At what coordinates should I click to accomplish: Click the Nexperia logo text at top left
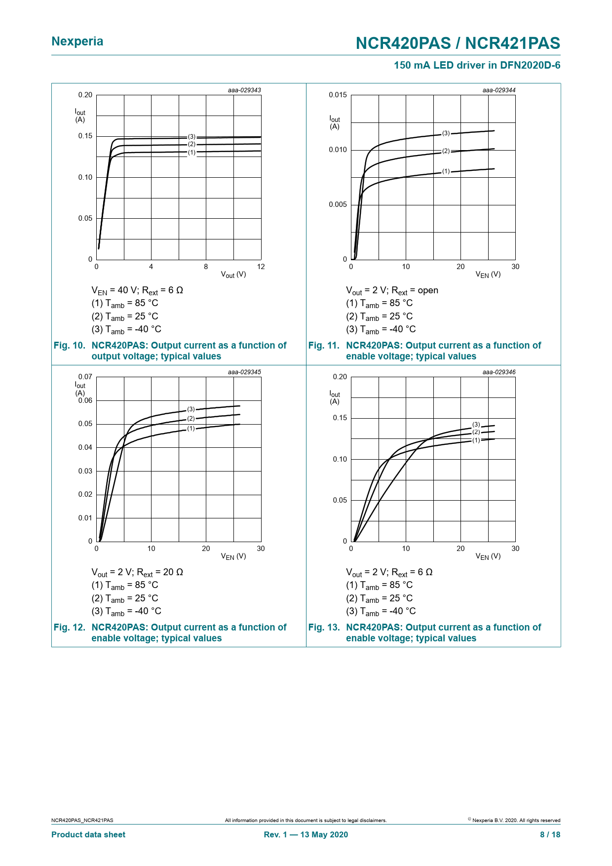pos(77,41)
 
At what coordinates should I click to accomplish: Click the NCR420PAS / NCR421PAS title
pos(458,43)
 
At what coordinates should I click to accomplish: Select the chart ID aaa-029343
pos(244,90)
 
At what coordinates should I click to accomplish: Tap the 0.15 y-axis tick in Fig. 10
pos(85,136)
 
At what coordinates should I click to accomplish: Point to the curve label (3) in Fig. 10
pos(191,137)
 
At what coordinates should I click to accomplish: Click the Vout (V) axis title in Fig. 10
pos(233,275)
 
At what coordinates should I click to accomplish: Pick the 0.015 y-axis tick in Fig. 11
pos(338,95)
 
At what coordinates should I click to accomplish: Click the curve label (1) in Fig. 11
pos(446,171)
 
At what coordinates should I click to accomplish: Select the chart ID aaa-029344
pos(499,90)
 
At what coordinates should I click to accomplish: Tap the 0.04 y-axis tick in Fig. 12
pos(85,448)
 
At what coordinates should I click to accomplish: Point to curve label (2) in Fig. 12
pos(191,419)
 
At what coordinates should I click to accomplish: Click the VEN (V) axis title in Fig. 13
pos(488,556)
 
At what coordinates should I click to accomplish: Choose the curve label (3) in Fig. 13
pos(476,425)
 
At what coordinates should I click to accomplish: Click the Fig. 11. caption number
pos(324,346)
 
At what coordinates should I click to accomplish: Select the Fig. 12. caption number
pos(70,628)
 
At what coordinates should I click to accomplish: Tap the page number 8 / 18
pos(550,835)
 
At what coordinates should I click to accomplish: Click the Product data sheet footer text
pos(88,835)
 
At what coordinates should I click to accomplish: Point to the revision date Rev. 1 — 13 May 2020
pos(306,835)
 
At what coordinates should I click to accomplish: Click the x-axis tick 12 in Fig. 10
pos(261,267)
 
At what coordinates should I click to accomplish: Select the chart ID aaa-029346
pos(499,372)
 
